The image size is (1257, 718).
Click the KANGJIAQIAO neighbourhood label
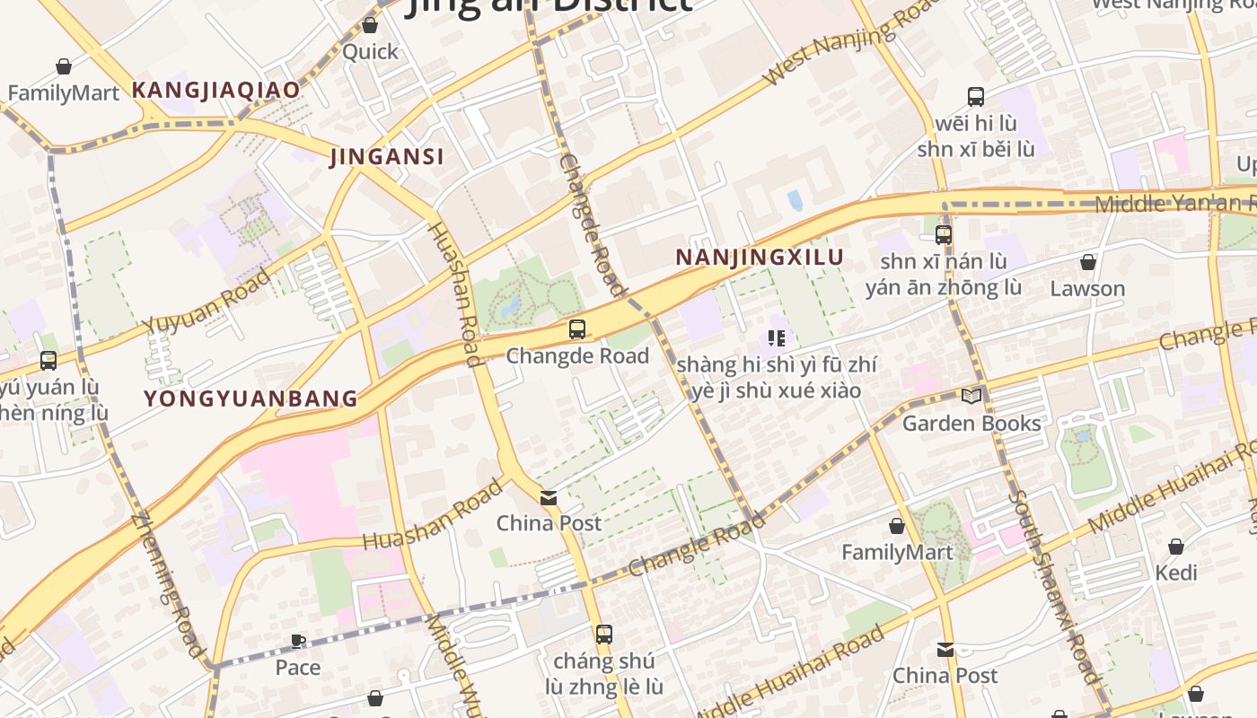(215, 90)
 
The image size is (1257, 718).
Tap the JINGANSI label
(387, 157)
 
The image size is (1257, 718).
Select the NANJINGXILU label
(759, 258)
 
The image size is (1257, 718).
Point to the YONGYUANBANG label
(251, 398)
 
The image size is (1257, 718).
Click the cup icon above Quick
(370, 25)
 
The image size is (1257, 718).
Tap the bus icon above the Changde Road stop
(577, 328)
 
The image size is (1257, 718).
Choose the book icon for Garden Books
(971, 396)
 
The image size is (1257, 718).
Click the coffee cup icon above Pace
(298, 641)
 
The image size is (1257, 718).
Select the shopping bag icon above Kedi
(1176, 546)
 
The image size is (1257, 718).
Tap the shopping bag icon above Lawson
(1087, 262)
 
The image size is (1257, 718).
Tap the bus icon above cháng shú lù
(604, 635)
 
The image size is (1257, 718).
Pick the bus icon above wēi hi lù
(976, 97)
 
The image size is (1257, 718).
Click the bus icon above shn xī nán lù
(944, 235)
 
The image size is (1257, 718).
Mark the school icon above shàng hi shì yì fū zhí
(777, 338)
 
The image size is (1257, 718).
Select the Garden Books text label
(971, 424)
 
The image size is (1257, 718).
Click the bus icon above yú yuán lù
(48, 361)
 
